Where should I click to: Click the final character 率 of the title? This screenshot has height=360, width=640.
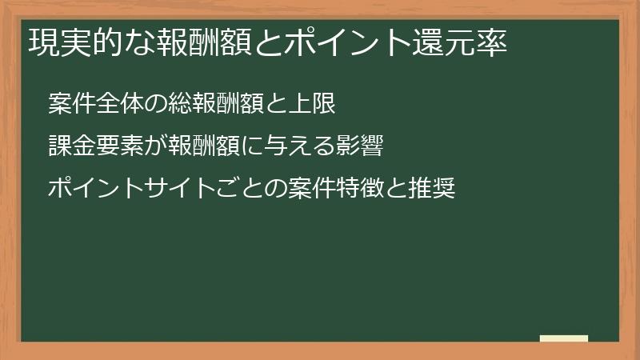pos(494,42)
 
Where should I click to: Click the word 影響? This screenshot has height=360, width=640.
pos(353,146)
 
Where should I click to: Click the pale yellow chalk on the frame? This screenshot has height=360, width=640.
pos(564,339)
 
